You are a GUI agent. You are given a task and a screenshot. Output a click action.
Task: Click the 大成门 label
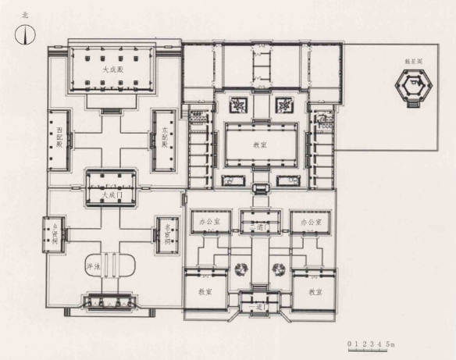[x=112, y=193]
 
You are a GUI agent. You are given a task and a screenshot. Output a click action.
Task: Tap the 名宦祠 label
[x=167, y=232]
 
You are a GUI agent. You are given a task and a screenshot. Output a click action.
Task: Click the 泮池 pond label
[x=92, y=267]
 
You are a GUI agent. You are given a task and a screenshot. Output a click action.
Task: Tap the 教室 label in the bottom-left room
[x=205, y=291]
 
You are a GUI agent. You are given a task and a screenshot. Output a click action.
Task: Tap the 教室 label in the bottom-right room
[x=315, y=291]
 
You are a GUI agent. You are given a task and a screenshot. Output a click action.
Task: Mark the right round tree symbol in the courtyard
[x=276, y=270]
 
